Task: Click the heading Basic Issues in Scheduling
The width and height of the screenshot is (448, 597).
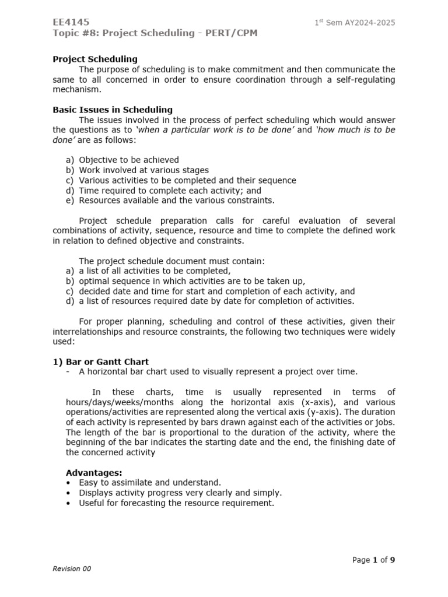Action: pos(113,110)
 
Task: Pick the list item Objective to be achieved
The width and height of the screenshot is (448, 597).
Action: pos(129,160)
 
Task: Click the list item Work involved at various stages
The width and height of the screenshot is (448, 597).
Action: pos(143,170)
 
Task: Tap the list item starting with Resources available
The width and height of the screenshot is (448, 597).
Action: pos(176,201)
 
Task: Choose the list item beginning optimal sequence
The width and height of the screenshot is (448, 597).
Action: pos(192,281)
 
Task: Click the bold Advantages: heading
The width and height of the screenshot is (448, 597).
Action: pos(94,472)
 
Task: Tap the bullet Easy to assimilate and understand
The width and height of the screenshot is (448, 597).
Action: pos(150,483)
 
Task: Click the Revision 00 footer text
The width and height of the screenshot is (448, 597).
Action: pos(72,569)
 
